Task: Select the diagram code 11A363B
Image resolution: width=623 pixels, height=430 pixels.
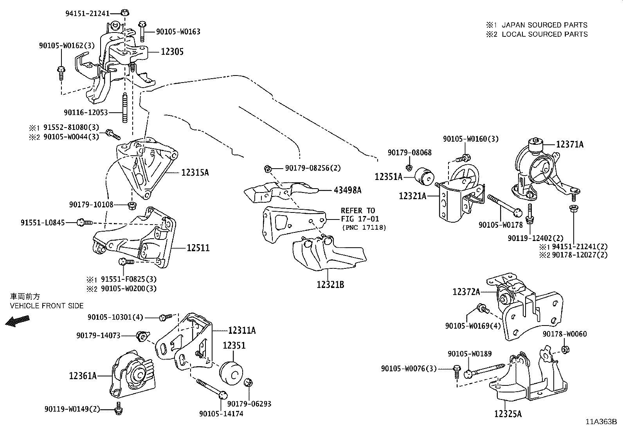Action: coord(601,422)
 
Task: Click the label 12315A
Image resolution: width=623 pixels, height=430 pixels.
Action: coord(194,172)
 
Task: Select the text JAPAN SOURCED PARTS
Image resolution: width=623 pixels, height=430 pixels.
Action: coord(544,25)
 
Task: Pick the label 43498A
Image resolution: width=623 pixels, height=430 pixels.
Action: coord(348,191)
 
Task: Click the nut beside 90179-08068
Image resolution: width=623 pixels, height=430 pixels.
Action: coord(409,167)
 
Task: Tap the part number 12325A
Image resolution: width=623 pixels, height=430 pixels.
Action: coord(508,414)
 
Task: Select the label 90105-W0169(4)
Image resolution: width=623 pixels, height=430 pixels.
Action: coord(473,325)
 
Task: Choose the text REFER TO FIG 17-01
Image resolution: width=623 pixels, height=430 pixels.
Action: coord(359,215)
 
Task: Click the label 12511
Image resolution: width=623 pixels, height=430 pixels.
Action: coord(198,248)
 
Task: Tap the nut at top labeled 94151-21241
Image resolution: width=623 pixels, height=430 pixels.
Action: coord(124,13)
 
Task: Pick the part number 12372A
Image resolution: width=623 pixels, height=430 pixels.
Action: coord(466,292)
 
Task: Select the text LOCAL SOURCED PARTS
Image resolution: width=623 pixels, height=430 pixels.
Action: coord(544,34)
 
